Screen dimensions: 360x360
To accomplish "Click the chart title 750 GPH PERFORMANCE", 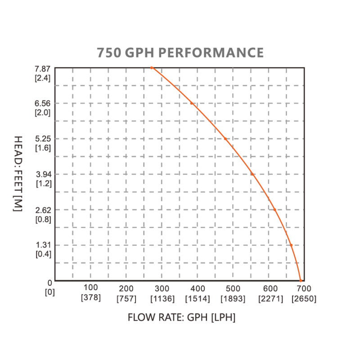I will pyautogui.click(x=180, y=52).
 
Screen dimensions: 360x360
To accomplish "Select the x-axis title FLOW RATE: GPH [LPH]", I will pyautogui.click(x=181, y=317).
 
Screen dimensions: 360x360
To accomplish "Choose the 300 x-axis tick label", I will pyautogui.click(x=162, y=288).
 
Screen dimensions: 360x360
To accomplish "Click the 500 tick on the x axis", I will pyautogui.click(x=233, y=288).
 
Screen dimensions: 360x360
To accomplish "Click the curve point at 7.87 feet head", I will pyautogui.click(x=152, y=67).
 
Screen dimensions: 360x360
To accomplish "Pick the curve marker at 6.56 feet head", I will pyautogui.click(x=192, y=103).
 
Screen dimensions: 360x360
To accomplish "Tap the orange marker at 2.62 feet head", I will pyautogui.click(x=274, y=210).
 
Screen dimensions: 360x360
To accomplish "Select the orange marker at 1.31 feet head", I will pyautogui.click(x=291, y=245).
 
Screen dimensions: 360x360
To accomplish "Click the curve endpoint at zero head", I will pyautogui.click(x=301, y=280).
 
